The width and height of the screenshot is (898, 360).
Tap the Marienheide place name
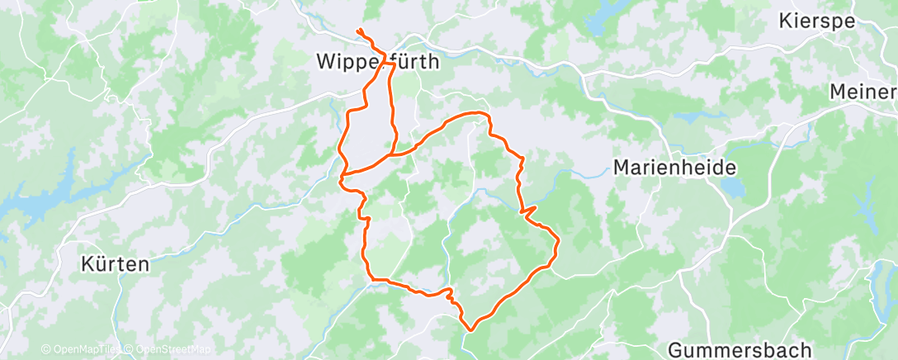[x=674, y=167]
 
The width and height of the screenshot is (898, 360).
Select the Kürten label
[x=116, y=264]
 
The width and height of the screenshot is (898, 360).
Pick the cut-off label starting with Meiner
[x=863, y=91]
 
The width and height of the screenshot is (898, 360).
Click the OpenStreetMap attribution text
[x=172, y=350]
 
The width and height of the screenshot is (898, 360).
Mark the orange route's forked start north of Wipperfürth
[x=360, y=33]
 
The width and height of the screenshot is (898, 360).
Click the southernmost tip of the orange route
[x=470, y=329]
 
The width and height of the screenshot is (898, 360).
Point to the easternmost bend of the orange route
[x=559, y=242]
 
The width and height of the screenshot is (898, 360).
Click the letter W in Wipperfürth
[x=327, y=62]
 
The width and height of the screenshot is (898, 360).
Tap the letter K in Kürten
[x=88, y=264]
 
